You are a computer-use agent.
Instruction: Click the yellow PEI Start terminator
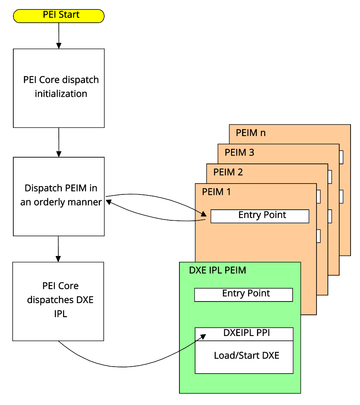pyautogui.click(x=59, y=16)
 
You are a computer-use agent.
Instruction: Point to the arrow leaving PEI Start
pyautogui.click(x=59, y=35)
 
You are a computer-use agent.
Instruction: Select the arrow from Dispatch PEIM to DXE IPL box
pyautogui.click(x=58, y=249)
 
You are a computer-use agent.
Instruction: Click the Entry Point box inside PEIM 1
pyautogui.click(x=260, y=216)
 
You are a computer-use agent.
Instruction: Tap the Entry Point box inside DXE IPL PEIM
pyautogui.click(x=243, y=294)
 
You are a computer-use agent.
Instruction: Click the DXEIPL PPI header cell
pyautogui.click(x=244, y=334)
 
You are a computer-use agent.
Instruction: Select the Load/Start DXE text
pyautogui.click(x=246, y=356)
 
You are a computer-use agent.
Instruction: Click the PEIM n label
pyautogui.click(x=251, y=133)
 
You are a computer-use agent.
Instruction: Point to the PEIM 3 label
pyautogui.click(x=239, y=153)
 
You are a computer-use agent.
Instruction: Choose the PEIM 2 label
pyautogui.click(x=228, y=172)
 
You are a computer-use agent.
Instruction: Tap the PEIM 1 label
pyautogui.click(x=216, y=192)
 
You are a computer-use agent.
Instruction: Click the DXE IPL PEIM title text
pyautogui.click(x=217, y=271)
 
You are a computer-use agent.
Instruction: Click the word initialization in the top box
pyautogui.click(x=61, y=94)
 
